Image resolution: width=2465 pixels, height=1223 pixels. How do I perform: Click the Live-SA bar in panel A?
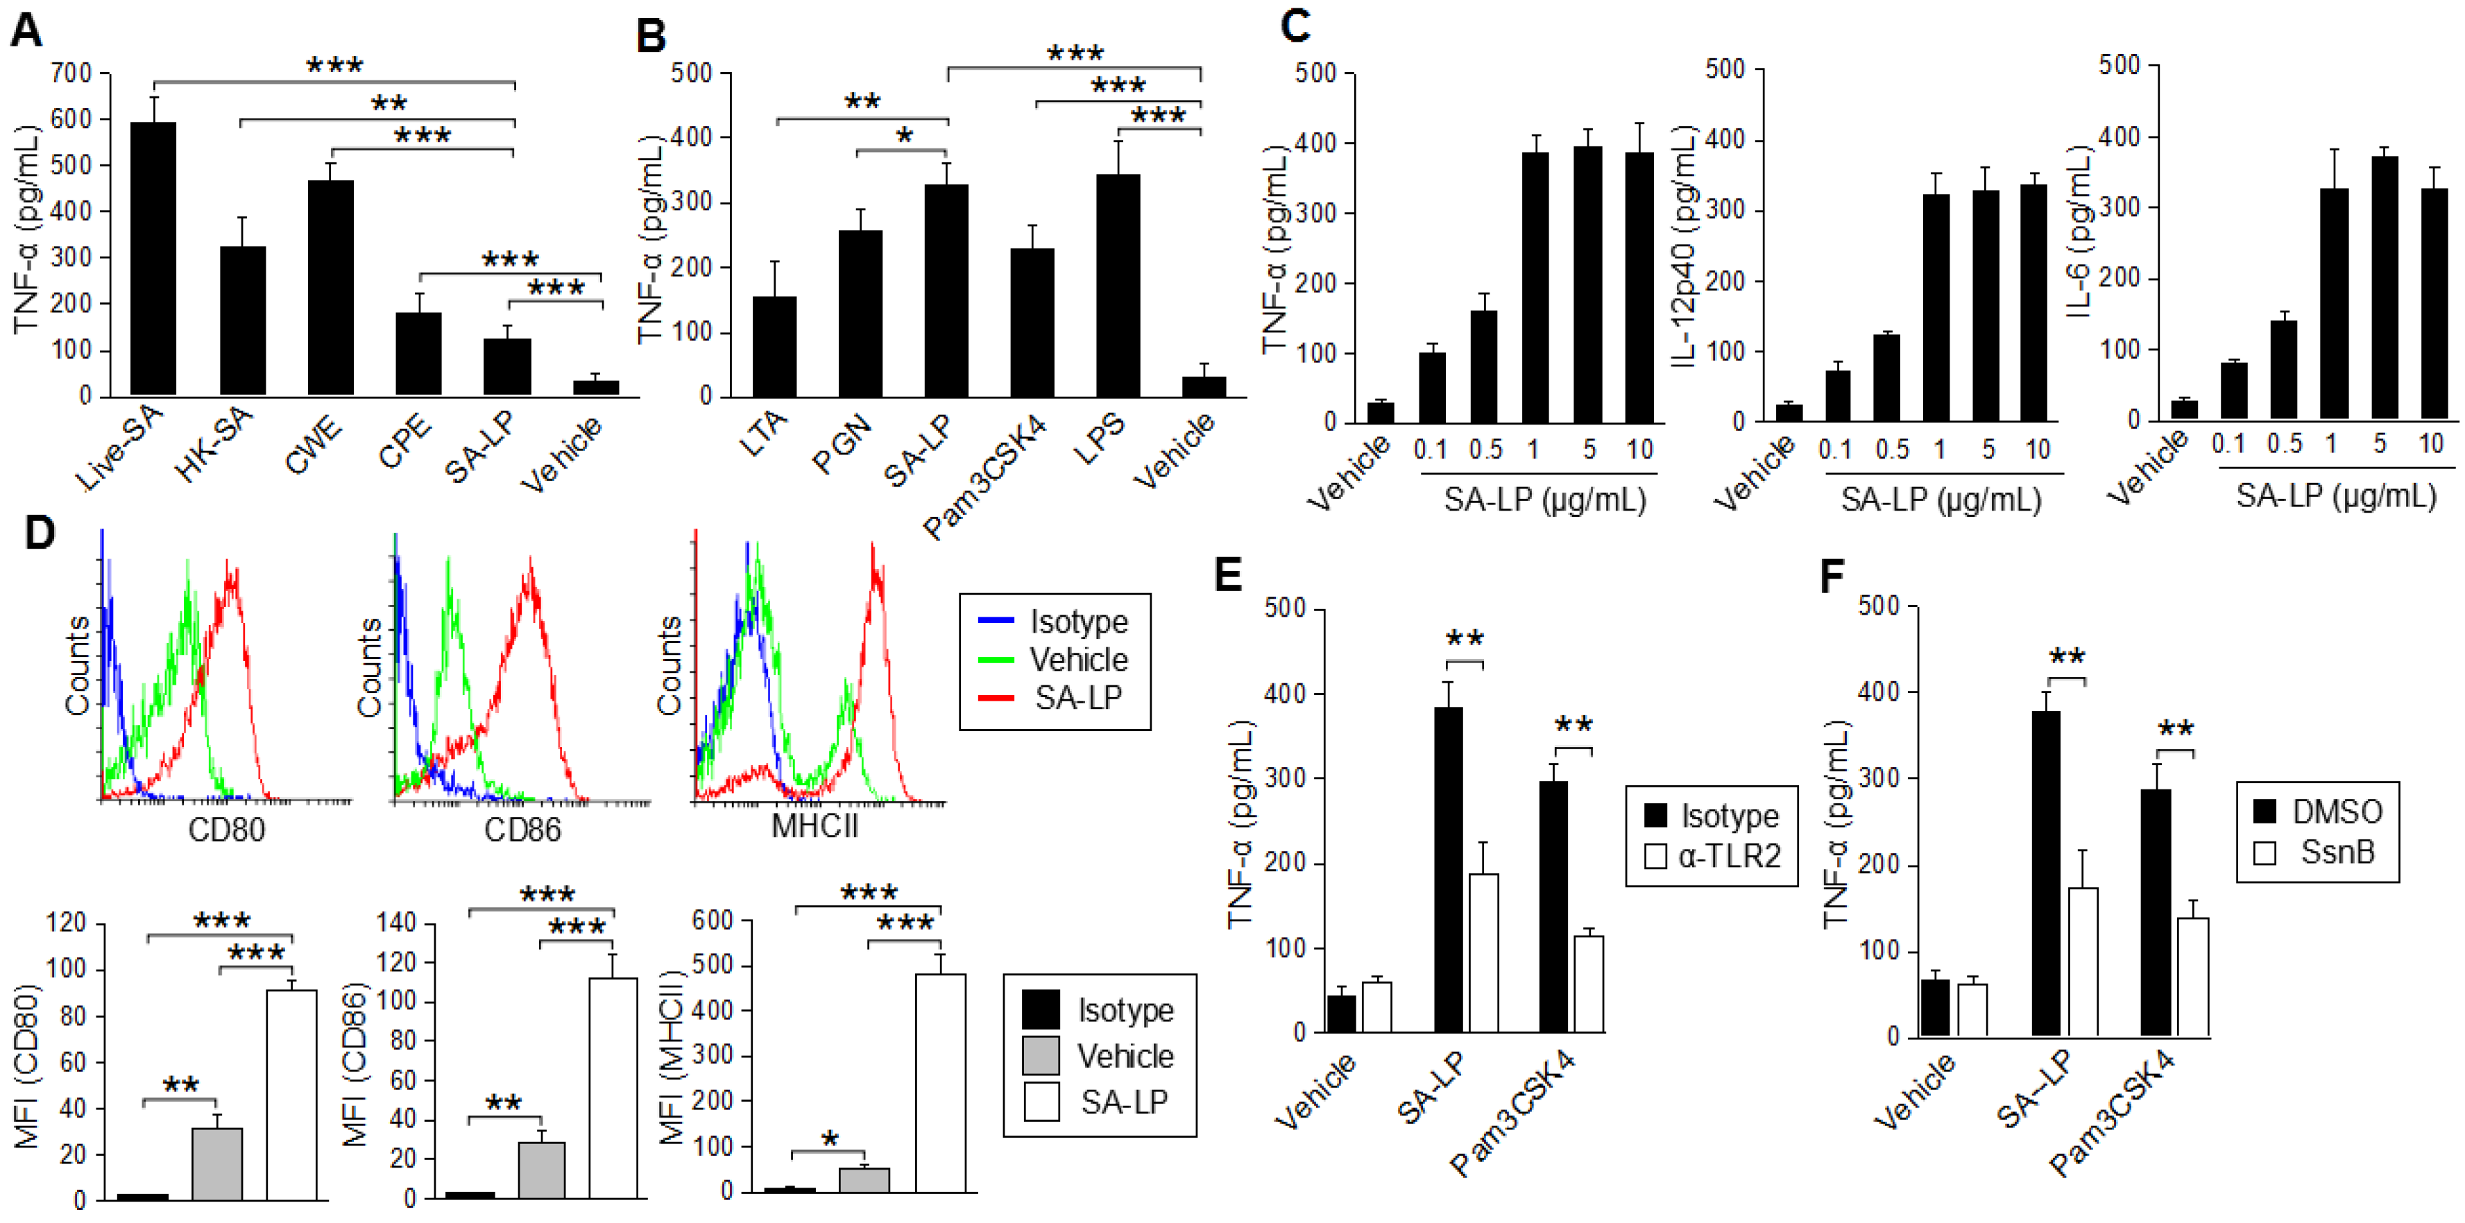coord(153,258)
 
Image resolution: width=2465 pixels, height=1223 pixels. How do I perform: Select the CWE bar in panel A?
coord(330,287)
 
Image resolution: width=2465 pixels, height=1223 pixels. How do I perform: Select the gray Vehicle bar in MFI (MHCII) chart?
coord(864,1180)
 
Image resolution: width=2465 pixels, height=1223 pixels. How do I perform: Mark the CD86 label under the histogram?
coord(522,829)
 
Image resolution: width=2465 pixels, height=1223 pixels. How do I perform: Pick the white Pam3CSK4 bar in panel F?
coord(2192,976)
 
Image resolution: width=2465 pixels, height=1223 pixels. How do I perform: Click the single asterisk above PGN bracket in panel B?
coord(903,136)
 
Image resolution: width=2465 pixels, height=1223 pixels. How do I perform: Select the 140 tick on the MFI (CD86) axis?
coord(397,923)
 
